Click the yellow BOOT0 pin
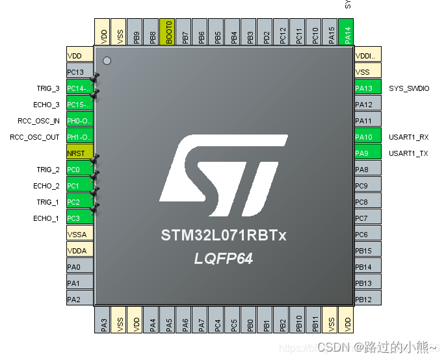coord(168,32)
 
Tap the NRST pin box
coord(80,153)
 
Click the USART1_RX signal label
coord(408,137)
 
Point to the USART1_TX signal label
coord(408,153)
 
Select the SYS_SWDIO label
coord(408,88)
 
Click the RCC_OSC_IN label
coord(38,121)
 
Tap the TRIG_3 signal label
coord(47,88)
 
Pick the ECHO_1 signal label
coord(46,218)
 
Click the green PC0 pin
coord(80,170)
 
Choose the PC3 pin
coord(80,218)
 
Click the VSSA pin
coord(80,235)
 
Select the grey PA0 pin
coord(80,267)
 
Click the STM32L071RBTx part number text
coord(224,235)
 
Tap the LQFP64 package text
coord(223,259)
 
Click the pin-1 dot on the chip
coord(107,61)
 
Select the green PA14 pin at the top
coord(348,32)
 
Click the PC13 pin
coord(80,72)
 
